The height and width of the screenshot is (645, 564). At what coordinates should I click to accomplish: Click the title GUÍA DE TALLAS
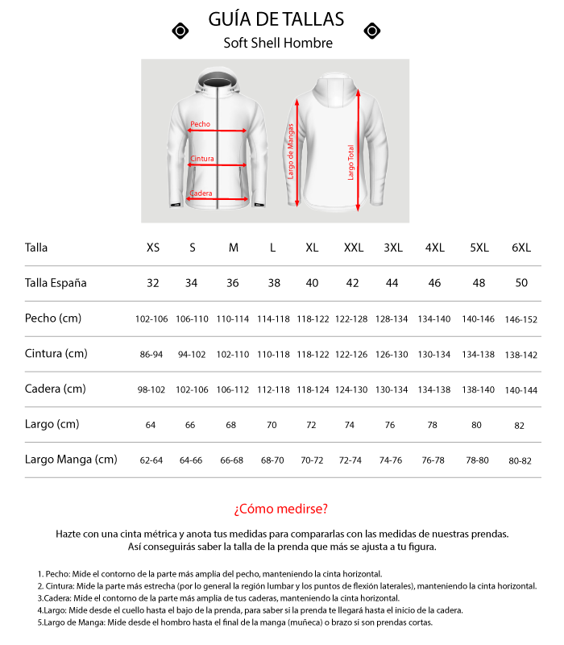point(276,19)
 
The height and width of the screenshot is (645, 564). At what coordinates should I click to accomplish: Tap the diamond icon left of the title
point(181,31)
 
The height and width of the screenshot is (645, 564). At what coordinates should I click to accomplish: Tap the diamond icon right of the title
point(371,31)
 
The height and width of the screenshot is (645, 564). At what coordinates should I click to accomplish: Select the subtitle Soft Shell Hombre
point(278,44)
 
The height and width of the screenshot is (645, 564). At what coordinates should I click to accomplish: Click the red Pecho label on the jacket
point(201,124)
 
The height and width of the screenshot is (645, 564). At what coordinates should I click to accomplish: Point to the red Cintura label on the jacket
point(202,159)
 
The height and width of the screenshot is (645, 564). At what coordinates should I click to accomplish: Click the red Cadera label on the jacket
point(201,193)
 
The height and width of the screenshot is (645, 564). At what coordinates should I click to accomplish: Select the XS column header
point(152,248)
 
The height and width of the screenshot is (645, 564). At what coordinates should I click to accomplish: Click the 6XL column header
point(520,248)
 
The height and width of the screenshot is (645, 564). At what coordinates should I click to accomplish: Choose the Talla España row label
point(56,283)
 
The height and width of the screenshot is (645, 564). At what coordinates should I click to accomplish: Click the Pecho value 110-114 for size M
point(233,319)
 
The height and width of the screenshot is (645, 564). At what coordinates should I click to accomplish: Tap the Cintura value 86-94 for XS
point(151,354)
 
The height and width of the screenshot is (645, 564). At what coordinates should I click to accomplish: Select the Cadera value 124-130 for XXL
point(352,389)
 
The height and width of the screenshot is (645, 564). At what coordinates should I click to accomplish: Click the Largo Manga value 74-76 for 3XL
point(391,460)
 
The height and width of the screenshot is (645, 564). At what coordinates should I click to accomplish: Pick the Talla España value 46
point(433,283)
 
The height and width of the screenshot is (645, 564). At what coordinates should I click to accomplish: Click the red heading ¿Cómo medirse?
point(281,509)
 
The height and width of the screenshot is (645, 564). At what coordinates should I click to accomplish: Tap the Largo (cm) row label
point(52,424)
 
